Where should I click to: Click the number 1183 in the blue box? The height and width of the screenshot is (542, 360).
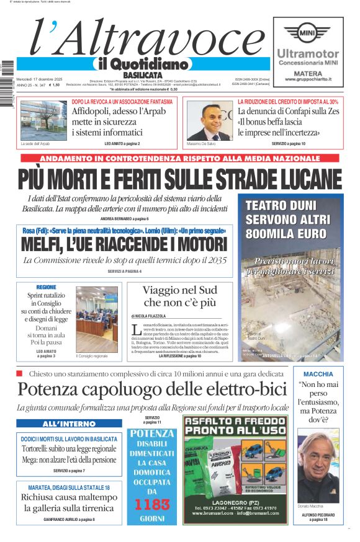(152, 504)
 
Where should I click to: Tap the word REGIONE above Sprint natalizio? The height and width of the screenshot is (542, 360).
(46, 288)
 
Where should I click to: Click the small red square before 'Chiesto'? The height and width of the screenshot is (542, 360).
(19, 373)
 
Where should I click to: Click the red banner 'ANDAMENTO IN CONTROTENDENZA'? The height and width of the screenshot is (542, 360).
(180, 158)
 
